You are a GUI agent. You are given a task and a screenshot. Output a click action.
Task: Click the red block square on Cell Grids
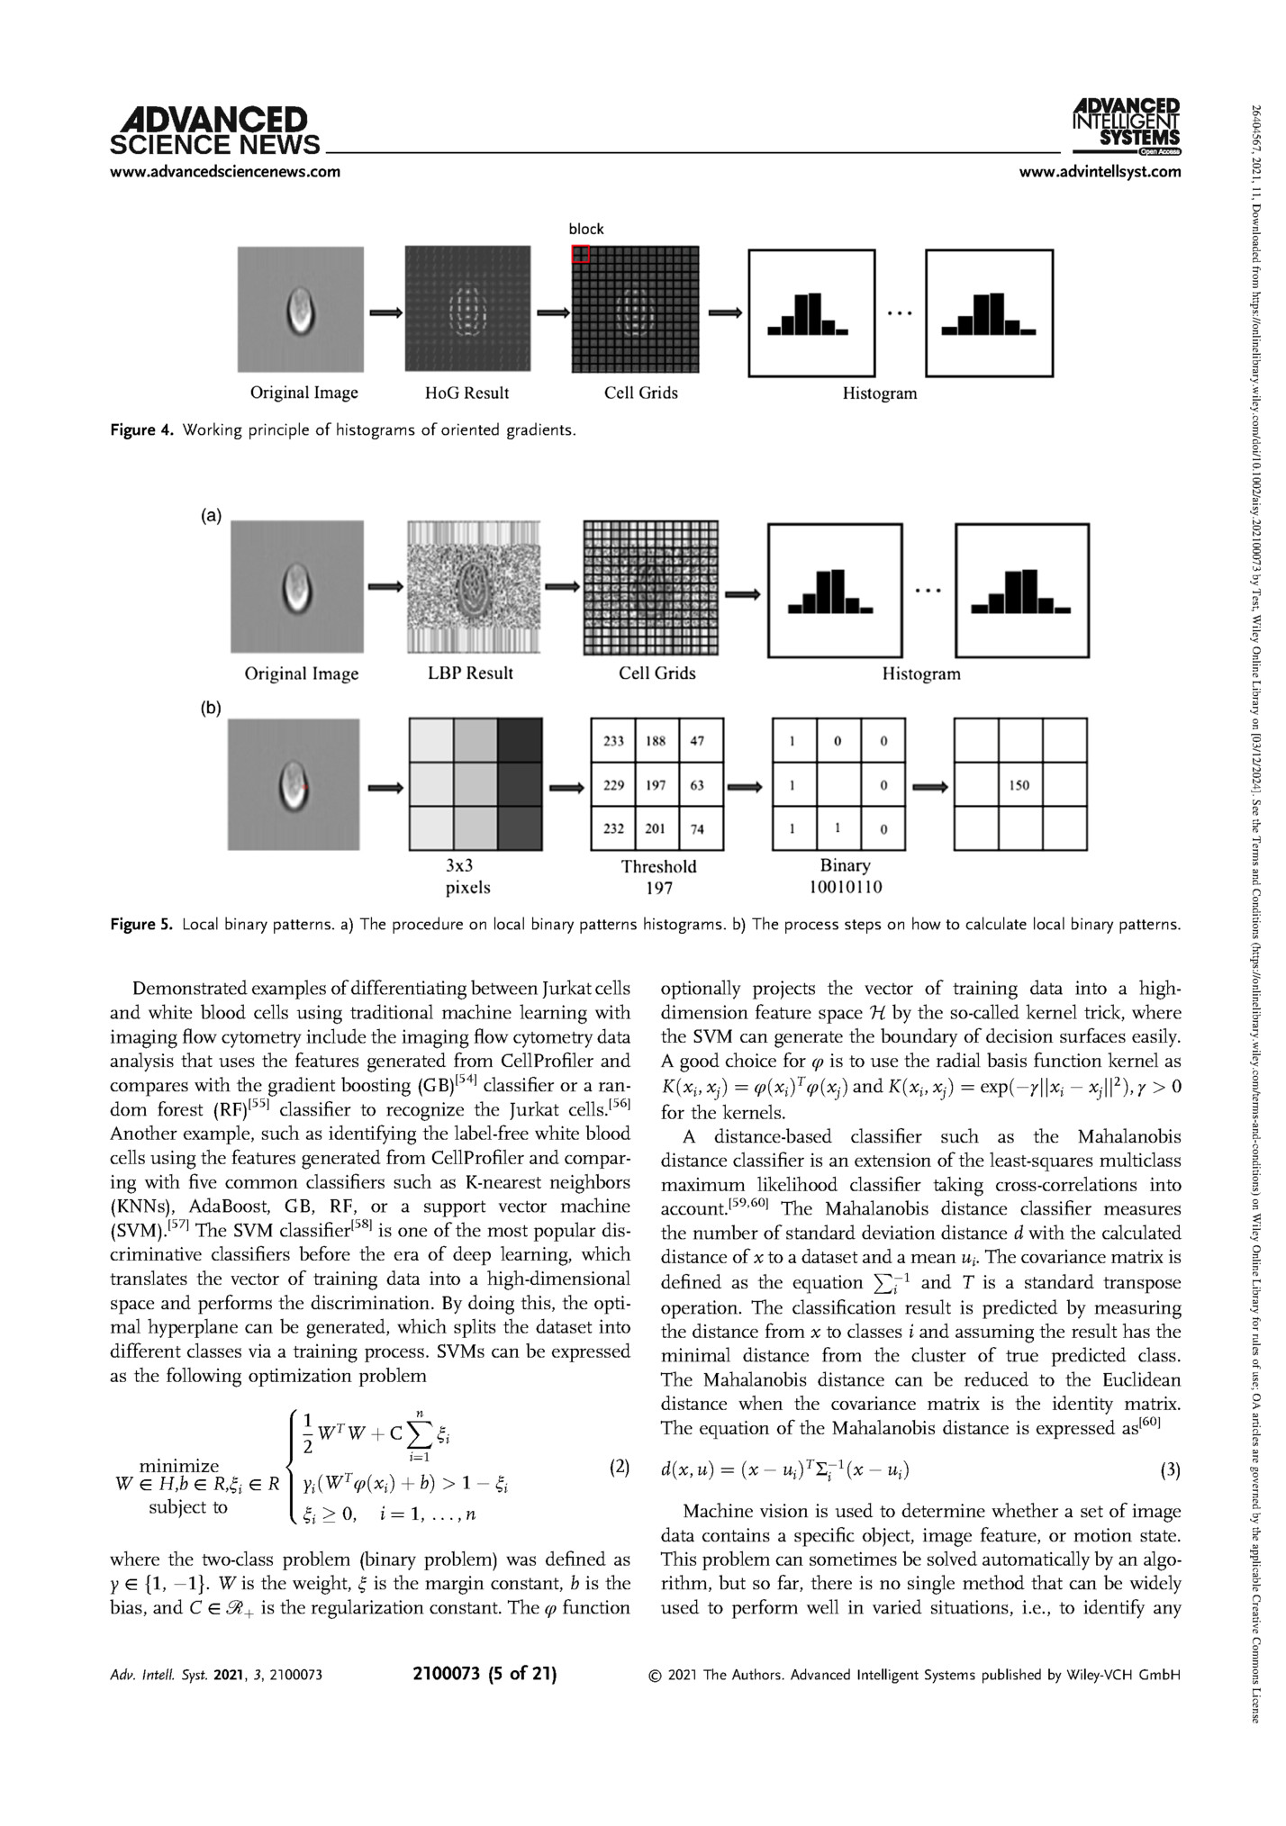point(580,254)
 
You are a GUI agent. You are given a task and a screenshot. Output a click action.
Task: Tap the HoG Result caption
point(466,393)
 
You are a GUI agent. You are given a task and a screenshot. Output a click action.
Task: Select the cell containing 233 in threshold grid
point(613,741)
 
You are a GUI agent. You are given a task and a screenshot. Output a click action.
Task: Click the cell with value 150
point(1019,785)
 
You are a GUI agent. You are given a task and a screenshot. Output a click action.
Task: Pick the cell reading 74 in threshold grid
point(697,829)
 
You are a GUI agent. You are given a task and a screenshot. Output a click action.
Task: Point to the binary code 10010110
point(845,887)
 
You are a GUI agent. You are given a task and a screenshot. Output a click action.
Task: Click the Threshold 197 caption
point(658,876)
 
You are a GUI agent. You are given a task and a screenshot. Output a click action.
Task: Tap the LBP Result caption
point(470,673)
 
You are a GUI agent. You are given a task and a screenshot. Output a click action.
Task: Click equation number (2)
point(620,1468)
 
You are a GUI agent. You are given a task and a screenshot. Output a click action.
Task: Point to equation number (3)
point(1170,1471)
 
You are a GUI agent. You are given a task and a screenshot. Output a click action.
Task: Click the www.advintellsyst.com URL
point(1100,172)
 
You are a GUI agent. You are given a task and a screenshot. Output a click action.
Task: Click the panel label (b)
point(211,709)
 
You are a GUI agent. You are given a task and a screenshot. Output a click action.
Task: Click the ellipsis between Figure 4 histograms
point(900,313)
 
